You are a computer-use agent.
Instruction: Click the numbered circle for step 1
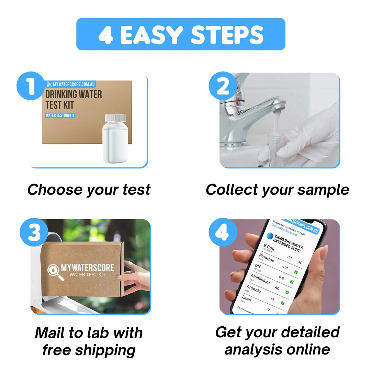coord(30,86)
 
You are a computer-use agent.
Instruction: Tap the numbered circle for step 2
coord(223,86)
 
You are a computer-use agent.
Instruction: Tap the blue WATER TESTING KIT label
coord(60,115)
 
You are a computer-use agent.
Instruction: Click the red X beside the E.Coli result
coord(300,262)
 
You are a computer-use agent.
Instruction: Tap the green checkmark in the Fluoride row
coord(296,272)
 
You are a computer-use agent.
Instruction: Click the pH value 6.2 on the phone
coord(281,278)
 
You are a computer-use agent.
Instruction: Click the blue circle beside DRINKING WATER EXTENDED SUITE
coord(270,236)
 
